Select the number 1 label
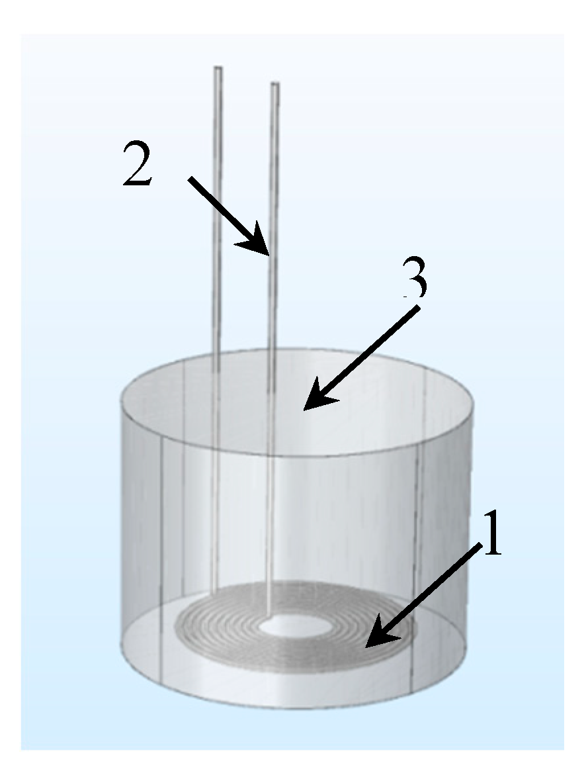point(490,540)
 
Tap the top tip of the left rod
point(218,68)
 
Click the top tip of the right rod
point(275,84)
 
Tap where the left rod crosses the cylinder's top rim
point(217,355)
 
